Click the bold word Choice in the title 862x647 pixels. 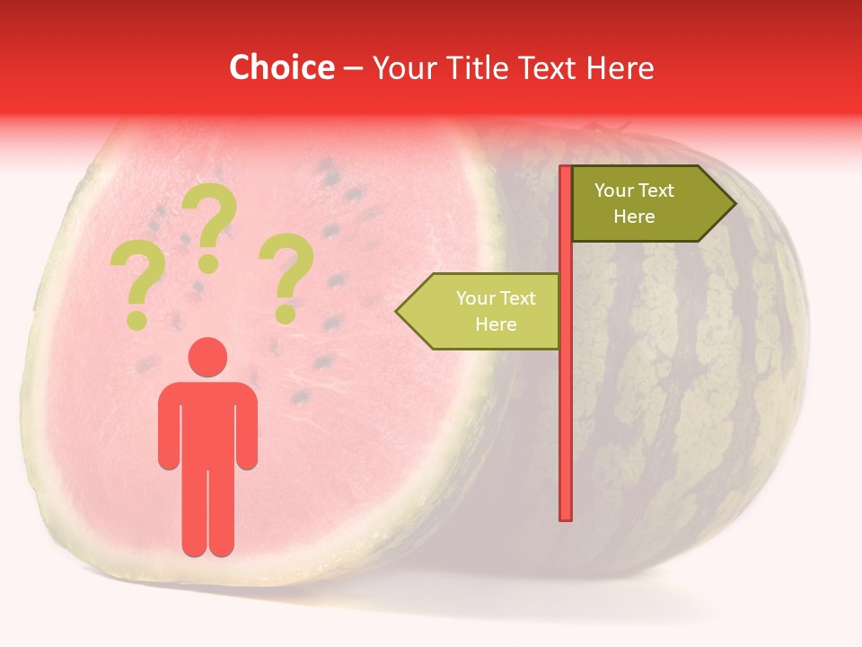point(281,68)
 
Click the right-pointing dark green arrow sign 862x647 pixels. point(646,203)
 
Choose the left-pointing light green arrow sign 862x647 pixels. point(485,311)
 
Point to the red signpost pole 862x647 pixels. point(566,404)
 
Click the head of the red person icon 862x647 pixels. point(207,357)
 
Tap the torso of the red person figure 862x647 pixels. point(207,422)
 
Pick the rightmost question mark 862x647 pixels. point(287,270)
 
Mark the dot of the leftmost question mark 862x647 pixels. point(136,320)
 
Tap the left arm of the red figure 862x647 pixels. point(168,427)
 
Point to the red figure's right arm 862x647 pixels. point(247,427)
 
